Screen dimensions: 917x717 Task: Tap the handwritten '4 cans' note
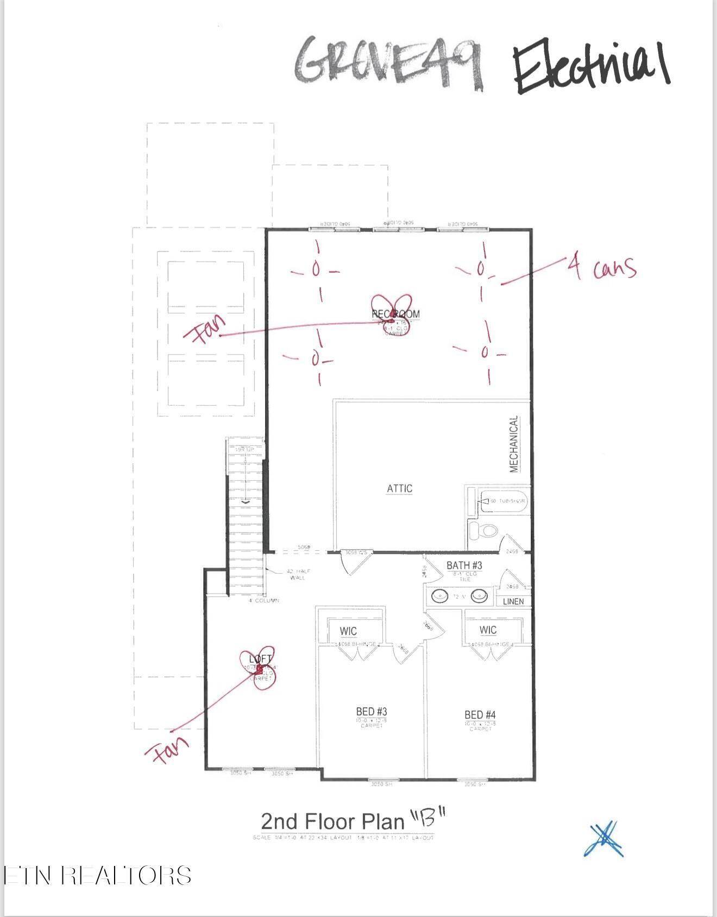pos(602,267)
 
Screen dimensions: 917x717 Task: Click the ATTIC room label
pos(399,488)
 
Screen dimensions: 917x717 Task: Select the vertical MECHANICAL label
pos(513,444)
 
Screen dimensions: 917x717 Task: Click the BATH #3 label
pos(464,566)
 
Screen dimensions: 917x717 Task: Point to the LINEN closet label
pos(513,601)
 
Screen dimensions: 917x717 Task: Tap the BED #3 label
pos(372,712)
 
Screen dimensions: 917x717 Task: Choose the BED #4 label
pos(480,715)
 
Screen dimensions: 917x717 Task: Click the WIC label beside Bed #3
pos(348,631)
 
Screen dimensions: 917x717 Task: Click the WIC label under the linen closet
pos(488,630)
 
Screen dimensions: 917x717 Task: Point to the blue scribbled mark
pos(603,839)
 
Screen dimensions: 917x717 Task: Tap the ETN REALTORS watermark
pos(98,876)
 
